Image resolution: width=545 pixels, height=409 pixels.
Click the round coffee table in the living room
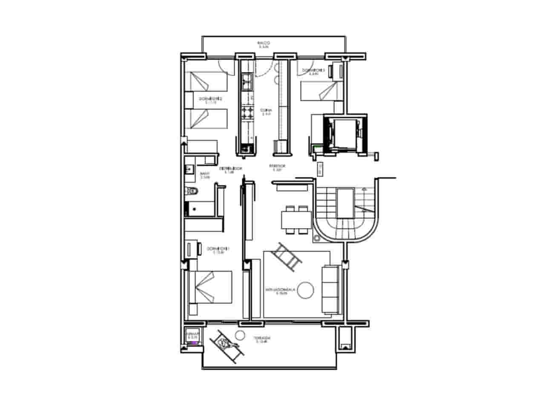point(305,290)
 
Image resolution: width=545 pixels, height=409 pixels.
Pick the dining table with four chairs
point(297,220)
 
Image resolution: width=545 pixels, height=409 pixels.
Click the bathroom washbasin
point(189,169)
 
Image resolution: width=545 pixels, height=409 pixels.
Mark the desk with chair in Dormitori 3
point(338,71)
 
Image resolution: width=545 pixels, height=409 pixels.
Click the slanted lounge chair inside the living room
point(289,256)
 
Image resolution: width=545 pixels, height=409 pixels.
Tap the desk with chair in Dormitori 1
point(193,249)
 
